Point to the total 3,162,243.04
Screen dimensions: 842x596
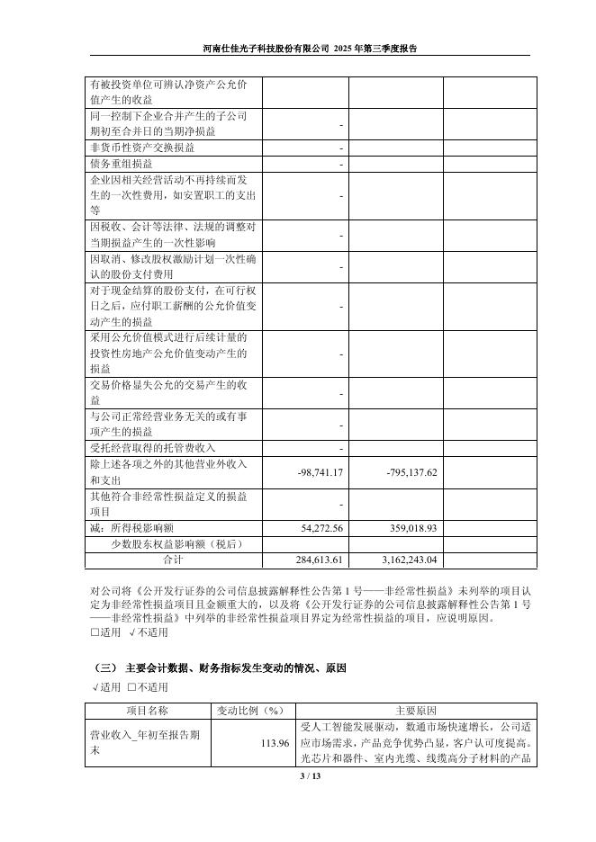pyautogui.click(x=402, y=560)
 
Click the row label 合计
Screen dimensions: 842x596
pyautogui.click(x=172, y=560)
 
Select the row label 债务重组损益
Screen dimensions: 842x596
pyautogui.click(x=122, y=165)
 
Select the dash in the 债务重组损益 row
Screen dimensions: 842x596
pyautogui.click(x=341, y=165)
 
